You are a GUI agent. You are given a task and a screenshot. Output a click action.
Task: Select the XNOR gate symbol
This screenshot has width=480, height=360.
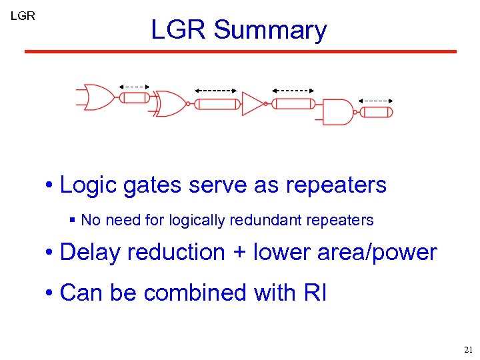point(170,103)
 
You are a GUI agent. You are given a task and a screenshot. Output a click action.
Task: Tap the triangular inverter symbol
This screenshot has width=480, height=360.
point(253,103)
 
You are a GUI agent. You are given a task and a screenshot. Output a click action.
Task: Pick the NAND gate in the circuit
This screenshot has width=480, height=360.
point(337,112)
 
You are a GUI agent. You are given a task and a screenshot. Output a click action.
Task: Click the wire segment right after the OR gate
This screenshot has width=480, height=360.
point(135,98)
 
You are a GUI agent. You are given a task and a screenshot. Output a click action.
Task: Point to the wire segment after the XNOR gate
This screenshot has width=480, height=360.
point(217,104)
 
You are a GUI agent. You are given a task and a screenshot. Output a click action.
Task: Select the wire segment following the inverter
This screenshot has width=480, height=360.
point(293,103)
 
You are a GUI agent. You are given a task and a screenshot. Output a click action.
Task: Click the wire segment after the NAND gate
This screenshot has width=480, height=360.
point(377,112)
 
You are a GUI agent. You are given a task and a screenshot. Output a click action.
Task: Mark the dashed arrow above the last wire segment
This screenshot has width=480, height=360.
point(376,101)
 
